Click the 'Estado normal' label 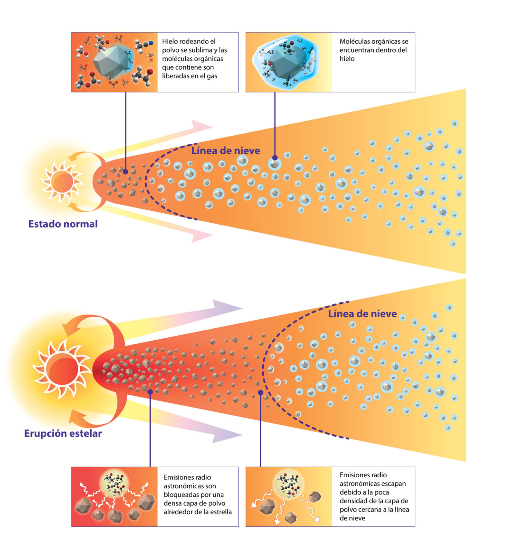click(x=63, y=224)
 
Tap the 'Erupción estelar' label click(x=63, y=433)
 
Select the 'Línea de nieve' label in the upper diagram click(x=226, y=151)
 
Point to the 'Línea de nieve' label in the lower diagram click(x=362, y=314)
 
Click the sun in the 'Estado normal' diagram click(x=62, y=181)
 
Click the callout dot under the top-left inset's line click(x=125, y=171)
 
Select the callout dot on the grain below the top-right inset click(x=275, y=158)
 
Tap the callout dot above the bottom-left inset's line click(x=150, y=392)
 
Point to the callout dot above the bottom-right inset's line click(x=261, y=393)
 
